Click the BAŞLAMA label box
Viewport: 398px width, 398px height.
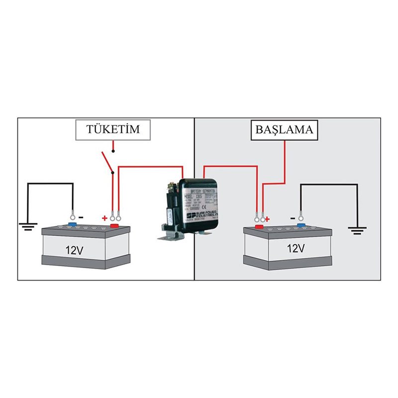(x=284, y=130)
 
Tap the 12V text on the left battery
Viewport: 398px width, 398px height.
(x=74, y=250)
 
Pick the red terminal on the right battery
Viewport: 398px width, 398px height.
(x=259, y=227)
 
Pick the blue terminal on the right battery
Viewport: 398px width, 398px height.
(x=300, y=225)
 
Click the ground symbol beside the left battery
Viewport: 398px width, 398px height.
(x=28, y=227)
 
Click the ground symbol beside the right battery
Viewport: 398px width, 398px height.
(x=357, y=230)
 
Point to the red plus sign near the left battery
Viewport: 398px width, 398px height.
(x=104, y=218)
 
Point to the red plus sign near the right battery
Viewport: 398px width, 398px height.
(x=267, y=218)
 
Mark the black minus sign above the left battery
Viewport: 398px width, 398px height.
(x=81, y=217)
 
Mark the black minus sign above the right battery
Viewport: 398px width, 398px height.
(x=293, y=217)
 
